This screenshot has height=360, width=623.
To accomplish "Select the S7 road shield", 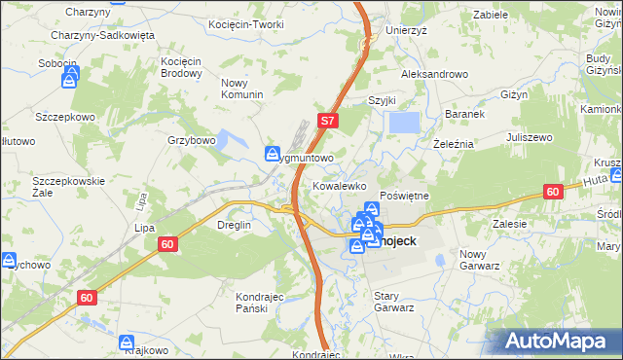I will point(329,122).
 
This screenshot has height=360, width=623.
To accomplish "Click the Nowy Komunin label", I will point(242,88).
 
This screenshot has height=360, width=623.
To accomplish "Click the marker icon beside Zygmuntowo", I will point(273,153).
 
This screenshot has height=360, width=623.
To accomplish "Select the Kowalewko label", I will point(339,184).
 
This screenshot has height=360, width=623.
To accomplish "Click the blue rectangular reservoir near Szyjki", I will point(404,123).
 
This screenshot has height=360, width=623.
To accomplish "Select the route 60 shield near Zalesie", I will point(553,193).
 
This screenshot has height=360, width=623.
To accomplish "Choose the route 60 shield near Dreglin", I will point(167,245).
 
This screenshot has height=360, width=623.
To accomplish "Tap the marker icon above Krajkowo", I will point(127,342).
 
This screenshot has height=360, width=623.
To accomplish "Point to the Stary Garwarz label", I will point(394,301).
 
